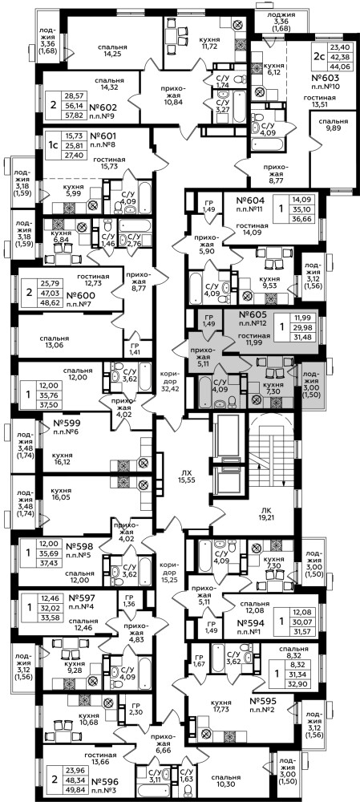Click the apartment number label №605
pyautogui.click(x=253, y=315)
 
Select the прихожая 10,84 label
pyautogui.click(x=169, y=98)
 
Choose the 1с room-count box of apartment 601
pyautogui.click(x=52, y=146)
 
